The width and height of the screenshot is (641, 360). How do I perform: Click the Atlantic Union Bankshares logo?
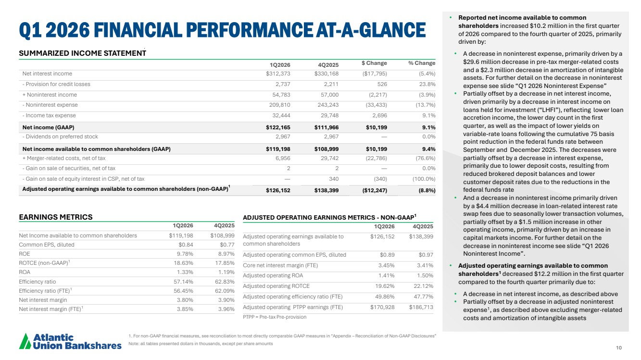(x=70, y=341)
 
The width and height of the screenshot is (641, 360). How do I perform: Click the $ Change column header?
(x=374, y=63)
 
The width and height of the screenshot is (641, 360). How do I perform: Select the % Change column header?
(x=421, y=63)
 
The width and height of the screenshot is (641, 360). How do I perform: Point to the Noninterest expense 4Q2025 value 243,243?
(x=327, y=105)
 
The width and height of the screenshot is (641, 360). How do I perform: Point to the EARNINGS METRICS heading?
(x=55, y=217)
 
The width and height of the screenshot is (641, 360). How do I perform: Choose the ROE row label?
(x=25, y=254)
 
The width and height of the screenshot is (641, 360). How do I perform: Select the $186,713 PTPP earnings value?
(x=421, y=307)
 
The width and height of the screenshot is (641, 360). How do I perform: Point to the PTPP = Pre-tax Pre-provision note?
(x=275, y=317)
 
